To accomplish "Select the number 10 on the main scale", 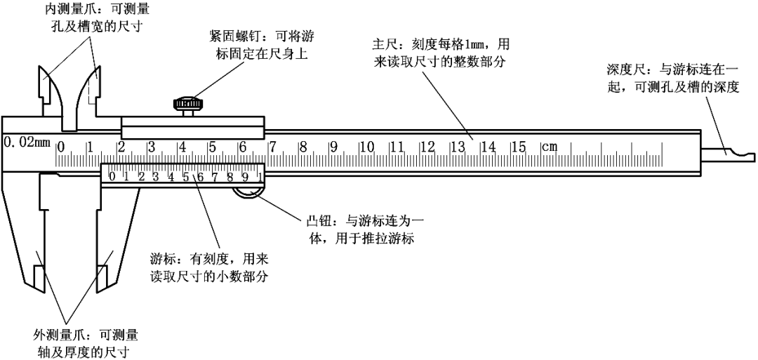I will pos(366,147).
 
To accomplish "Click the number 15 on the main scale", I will pos(518,147).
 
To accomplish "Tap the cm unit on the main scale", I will pos(549,147).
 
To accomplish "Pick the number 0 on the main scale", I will pos(61,147).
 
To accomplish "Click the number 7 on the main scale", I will pos(273,147).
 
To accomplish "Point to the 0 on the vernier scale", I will pos(113,176).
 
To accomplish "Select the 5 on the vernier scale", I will pos(186,176).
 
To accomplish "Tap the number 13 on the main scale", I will pos(458,147).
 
